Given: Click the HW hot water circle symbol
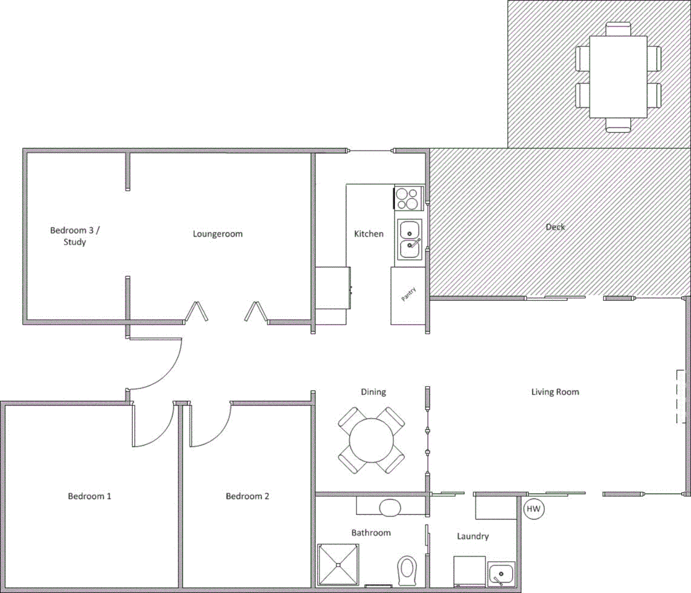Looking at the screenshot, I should click(x=533, y=509).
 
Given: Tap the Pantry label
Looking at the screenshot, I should click(x=408, y=294).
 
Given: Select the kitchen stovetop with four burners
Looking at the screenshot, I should click(x=408, y=198).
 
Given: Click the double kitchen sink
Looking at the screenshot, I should click(x=409, y=239).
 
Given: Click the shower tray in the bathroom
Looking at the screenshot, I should click(x=338, y=564).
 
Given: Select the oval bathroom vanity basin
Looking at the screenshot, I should click(x=390, y=507).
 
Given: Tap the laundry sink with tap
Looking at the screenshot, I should click(x=501, y=574).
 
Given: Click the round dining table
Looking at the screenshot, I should click(x=372, y=440).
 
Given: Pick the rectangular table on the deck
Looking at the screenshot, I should click(x=618, y=76).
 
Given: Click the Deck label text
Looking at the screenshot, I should click(x=555, y=227).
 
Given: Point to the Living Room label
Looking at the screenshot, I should click(x=555, y=392).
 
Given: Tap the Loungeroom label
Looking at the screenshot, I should click(x=217, y=234).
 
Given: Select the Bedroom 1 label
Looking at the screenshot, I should click(x=89, y=496).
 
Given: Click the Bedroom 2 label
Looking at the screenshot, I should click(x=248, y=496).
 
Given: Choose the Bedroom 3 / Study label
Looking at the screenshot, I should click(x=75, y=236).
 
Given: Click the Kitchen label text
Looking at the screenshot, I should click(x=369, y=234).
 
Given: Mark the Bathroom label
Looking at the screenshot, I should click(x=371, y=533).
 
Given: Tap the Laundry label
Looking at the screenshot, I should click(x=473, y=536).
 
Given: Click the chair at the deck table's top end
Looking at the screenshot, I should click(x=618, y=29).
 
